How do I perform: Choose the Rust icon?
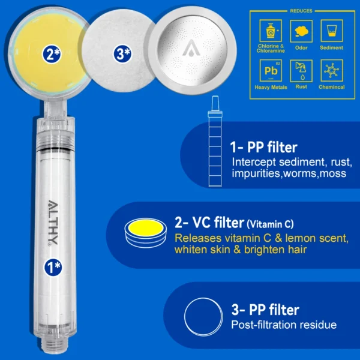pyautogui.click(x=301, y=71)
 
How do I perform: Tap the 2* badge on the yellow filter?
pyautogui.click(x=51, y=53)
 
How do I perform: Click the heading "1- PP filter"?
pyautogui.click(x=264, y=148)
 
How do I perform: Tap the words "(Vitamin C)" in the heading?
pyautogui.click(x=270, y=224)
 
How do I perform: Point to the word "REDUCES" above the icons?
pyautogui.click(x=301, y=11)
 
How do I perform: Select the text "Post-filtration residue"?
pyautogui.click(x=284, y=325)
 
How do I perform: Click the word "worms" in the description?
pyautogui.click(x=303, y=173)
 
